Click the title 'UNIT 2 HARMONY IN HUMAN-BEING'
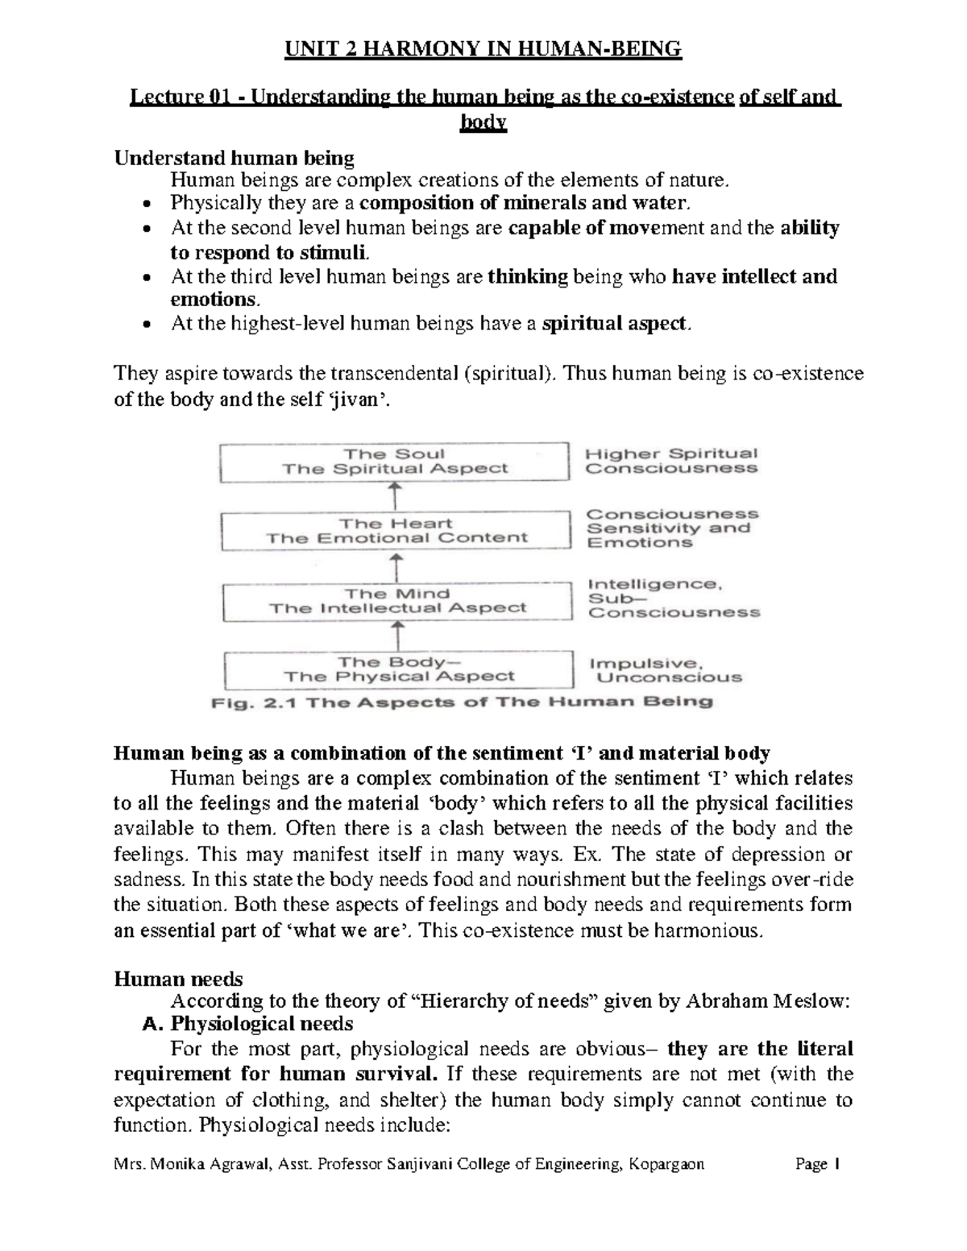pyautogui.click(x=483, y=50)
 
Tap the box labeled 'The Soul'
pyautogui.click(x=394, y=462)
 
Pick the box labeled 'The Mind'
pyautogui.click(x=396, y=601)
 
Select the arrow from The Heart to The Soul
pyautogui.click(x=394, y=496)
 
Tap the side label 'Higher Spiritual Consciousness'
pyautogui.click(x=671, y=461)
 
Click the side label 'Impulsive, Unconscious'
pyautogui.click(x=665, y=670)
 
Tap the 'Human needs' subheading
pyautogui.click(x=178, y=979)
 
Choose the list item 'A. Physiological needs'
pyautogui.click(x=247, y=1024)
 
